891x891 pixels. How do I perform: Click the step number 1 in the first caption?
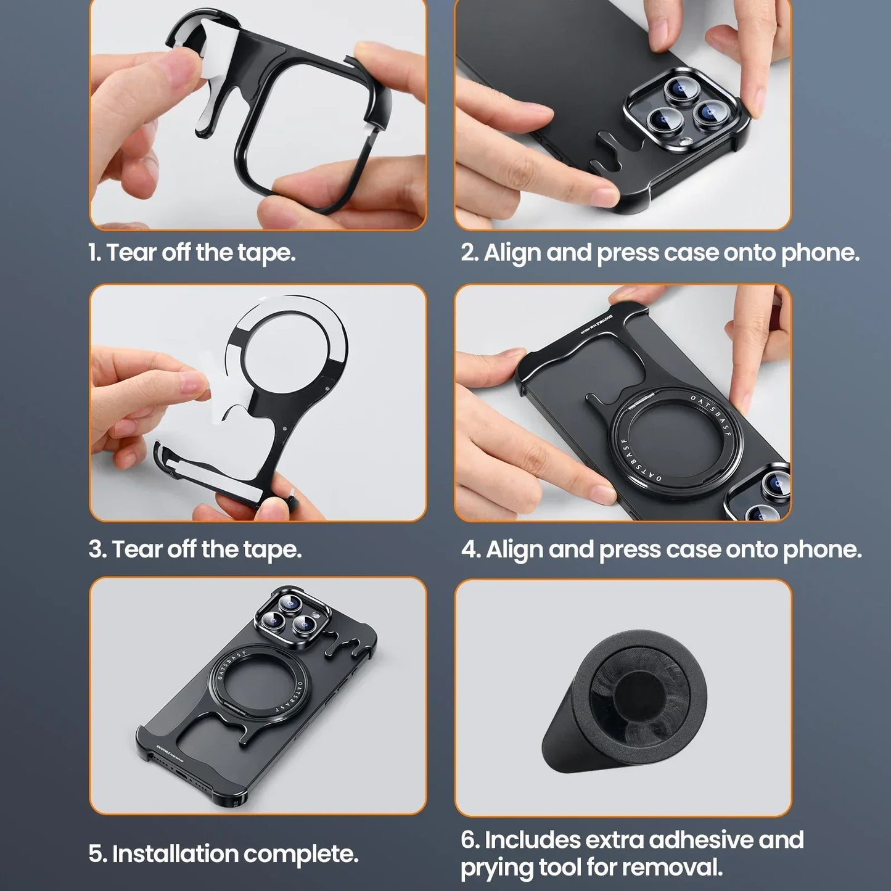(93, 253)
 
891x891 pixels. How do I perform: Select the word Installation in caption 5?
(174, 854)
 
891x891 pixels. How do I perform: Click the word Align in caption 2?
(512, 253)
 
